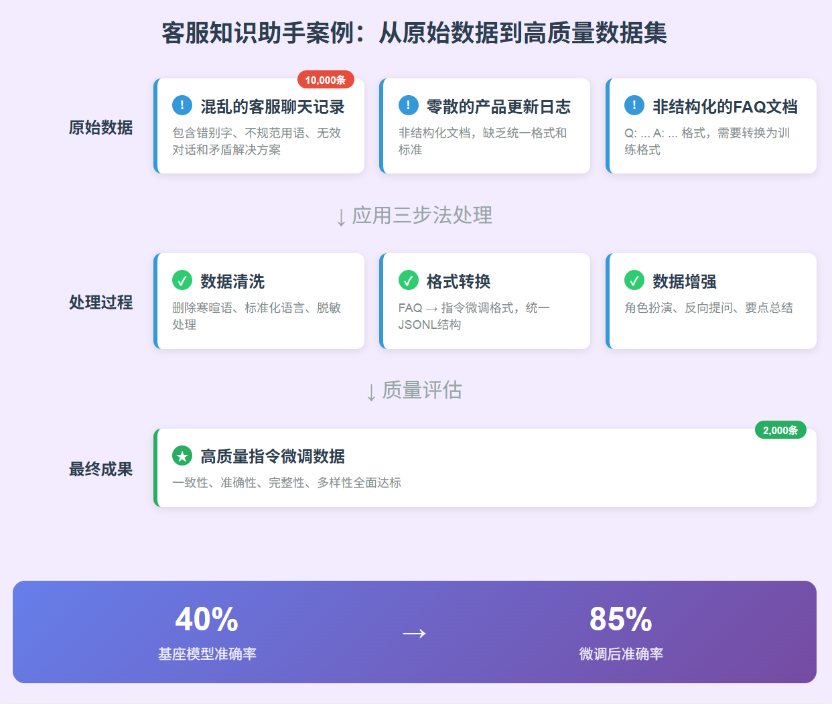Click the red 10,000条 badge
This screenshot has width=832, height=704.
pyautogui.click(x=326, y=80)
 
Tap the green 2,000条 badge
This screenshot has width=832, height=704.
pyautogui.click(x=780, y=430)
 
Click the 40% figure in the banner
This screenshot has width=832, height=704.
pyautogui.click(x=207, y=620)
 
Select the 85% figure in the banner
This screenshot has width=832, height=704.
pyautogui.click(x=621, y=620)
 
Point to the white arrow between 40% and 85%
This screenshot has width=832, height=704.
pyautogui.click(x=414, y=633)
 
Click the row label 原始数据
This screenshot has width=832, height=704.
pyautogui.click(x=100, y=127)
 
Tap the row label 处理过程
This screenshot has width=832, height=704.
pyautogui.click(x=100, y=302)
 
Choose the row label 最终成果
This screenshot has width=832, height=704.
pyautogui.click(x=100, y=469)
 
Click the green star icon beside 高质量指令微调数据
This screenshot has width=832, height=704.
pyautogui.click(x=182, y=455)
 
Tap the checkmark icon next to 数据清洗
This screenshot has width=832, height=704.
pyautogui.click(x=182, y=280)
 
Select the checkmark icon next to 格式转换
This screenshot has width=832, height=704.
pyautogui.click(x=409, y=280)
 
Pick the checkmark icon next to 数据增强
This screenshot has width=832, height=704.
pyautogui.click(x=634, y=280)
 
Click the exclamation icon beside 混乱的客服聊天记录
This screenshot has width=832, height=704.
pyautogui.click(x=182, y=105)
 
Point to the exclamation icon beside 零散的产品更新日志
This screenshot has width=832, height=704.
pyautogui.click(x=409, y=105)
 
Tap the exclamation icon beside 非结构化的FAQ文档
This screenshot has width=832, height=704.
pyautogui.click(x=634, y=105)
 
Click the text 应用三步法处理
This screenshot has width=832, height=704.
pyautogui.click(x=422, y=215)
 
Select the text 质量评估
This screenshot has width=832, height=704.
pyautogui.click(x=422, y=390)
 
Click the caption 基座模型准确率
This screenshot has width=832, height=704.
pyautogui.click(x=207, y=654)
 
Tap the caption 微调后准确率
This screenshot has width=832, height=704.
pyautogui.click(x=621, y=654)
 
